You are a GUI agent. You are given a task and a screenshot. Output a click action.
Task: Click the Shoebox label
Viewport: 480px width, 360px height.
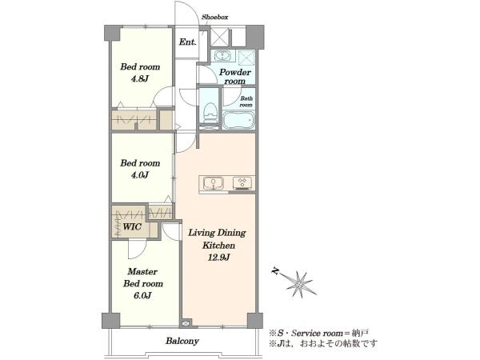click(x=214, y=17)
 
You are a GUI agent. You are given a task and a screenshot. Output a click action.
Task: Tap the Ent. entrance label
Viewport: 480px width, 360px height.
click(x=187, y=42)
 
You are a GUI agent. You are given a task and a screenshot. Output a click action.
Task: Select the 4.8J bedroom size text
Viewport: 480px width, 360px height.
click(x=139, y=79)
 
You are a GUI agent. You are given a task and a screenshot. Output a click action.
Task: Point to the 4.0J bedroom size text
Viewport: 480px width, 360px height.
click(x=140, y=175)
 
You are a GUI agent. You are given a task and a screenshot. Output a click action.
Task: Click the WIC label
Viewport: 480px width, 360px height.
click(x=132, y=227)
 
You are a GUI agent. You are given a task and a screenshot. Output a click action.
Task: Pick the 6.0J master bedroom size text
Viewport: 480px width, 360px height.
click(x=142, y=296)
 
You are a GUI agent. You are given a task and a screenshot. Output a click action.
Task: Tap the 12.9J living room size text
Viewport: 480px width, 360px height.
click(x=218, y=258)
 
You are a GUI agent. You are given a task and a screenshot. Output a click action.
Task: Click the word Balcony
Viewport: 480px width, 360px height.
click(x=182, y=341)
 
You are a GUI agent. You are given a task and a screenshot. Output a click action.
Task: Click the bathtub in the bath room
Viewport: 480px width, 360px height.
click(x=238, y=120)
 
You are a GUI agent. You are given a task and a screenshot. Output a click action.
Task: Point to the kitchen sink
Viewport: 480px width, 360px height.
click(x=214, y=184)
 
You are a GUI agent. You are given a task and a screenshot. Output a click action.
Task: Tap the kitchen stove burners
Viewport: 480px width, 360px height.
click(x=242, y=182)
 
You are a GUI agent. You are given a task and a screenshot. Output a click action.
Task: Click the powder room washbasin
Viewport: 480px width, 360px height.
click(x=222, y=56)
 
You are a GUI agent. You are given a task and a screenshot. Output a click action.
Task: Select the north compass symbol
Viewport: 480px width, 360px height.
click(x=294, y=282)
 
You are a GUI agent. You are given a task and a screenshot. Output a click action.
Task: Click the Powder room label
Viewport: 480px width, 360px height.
click(x=235, y=77)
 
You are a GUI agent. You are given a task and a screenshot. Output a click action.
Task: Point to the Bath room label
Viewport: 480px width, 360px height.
click(x=246, y=102)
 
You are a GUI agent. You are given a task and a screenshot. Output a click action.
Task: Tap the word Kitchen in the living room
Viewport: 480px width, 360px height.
click(x=218, y=246)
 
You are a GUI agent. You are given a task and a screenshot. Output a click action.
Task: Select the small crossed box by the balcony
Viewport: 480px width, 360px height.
click(x=186, y=323)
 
